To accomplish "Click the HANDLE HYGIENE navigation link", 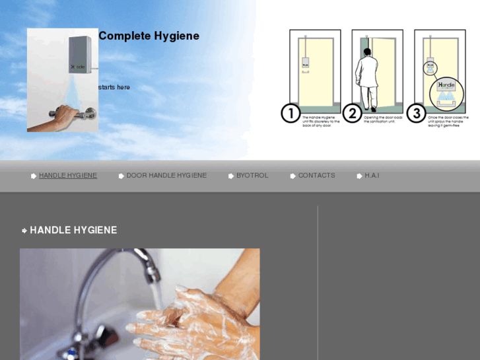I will point(67,176).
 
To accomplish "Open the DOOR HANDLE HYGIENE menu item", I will point(166,176).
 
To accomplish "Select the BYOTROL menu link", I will point(252,176).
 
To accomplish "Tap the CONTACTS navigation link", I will point(316,176).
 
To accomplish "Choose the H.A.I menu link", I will point(372,176).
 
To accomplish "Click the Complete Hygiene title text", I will point(149,36).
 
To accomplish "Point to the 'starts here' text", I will point(114,87).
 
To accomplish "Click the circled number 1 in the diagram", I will point(291,113).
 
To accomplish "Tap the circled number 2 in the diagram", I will point(353,113).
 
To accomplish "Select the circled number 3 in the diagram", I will point(415,113).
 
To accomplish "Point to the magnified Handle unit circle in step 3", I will point(447,92).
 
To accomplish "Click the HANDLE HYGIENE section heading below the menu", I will point(73,231).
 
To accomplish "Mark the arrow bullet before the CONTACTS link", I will point(293,176).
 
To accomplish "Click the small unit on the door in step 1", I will point(305,65).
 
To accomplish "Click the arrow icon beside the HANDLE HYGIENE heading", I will point(24,231).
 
